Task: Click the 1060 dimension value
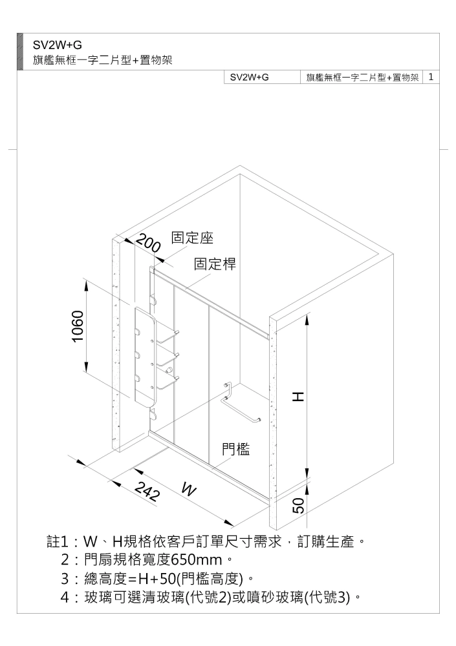(78, 326)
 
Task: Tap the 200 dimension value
(148, 243)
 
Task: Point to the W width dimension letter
(189, 490)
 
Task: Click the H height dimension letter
(298, 397)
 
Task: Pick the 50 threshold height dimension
(298, 505)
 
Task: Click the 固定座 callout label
(192, 238)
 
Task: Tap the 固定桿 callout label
(215, 264)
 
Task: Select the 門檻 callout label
(236, 449)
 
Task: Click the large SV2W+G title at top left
(58, 45)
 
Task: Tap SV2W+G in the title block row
(249, 77)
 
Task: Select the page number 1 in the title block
(431, 77)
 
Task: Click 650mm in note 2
(197, 560)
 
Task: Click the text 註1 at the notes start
(57, 541)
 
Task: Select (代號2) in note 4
(208, 597)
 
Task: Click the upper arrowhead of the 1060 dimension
(86, 285)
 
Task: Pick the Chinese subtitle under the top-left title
(102, 61)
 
